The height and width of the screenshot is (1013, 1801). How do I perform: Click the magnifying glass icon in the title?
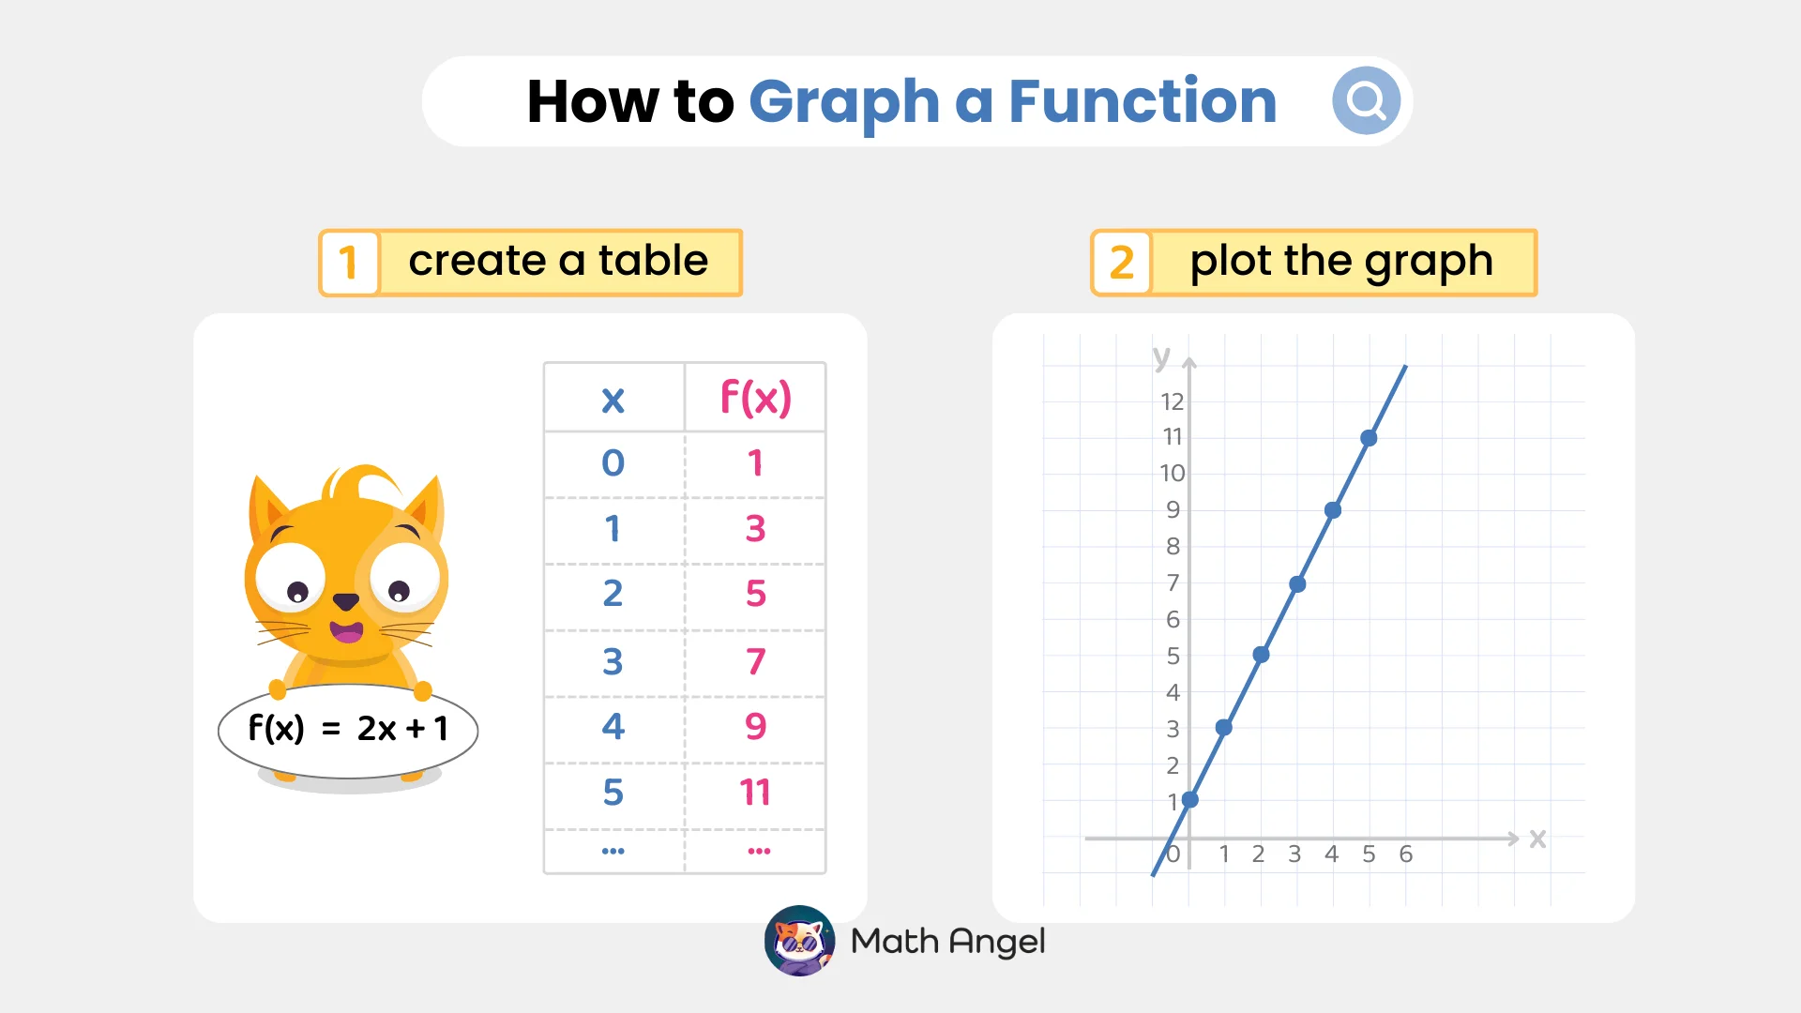1366,100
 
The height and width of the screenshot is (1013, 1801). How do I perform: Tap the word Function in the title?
1142,101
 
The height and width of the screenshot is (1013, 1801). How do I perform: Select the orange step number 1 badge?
349,263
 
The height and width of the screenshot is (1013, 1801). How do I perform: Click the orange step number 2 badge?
1121,263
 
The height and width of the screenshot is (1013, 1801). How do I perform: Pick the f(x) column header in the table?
755,398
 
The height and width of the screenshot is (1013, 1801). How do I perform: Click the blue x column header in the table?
613,401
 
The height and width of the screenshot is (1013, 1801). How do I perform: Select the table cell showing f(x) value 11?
755,793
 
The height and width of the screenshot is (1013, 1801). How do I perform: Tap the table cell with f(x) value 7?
755,661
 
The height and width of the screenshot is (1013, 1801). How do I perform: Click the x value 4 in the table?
613,727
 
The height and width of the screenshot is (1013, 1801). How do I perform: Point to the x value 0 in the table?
613,462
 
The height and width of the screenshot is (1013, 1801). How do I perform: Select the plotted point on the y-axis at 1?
1189,800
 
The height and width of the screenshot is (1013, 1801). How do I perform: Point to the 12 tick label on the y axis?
1172,402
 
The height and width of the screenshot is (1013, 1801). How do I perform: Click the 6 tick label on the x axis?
1405,854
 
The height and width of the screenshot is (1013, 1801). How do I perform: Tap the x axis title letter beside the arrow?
1537,839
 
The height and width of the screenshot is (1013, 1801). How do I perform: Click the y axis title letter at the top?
1162,357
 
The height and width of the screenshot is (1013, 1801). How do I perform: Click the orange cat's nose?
346,601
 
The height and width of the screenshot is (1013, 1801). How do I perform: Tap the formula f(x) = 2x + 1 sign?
348,729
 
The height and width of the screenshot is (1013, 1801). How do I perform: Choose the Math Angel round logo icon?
799,941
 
